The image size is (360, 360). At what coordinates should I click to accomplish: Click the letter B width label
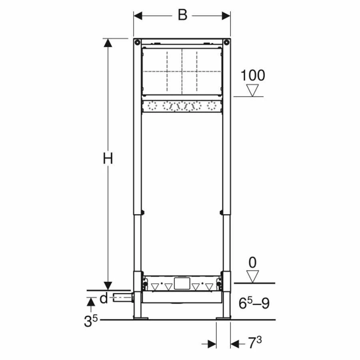point(182,15)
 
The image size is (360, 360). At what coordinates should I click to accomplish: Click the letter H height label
point(108,159)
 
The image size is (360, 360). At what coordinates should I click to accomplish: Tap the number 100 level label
point(252,75)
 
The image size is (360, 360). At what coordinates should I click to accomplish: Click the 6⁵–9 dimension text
point(254,303)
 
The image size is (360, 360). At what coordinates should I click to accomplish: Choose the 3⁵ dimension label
point(91,321)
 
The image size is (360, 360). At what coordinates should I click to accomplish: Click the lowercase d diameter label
point(104,298)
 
